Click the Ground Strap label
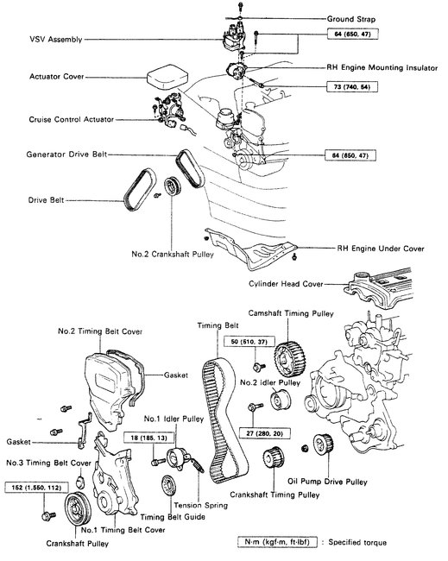[x=354, y=18]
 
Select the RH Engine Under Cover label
[x=380, y=248]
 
